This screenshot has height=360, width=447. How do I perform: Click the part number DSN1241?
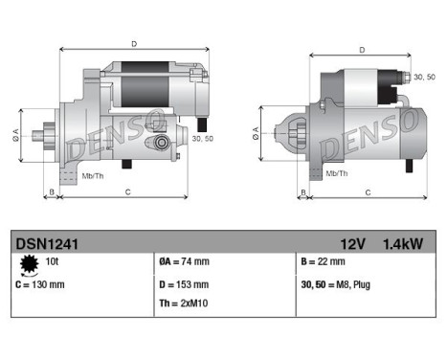(x=45, y=243)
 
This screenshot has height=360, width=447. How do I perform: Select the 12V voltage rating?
(x=352, y=243)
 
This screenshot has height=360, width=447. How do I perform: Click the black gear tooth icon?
(x=28, y=262)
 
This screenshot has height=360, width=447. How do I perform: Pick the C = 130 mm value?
(x=42, y=283)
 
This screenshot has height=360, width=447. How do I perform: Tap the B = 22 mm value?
(x=324, y=261)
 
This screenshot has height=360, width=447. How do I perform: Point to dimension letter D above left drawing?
(x=133, y=43)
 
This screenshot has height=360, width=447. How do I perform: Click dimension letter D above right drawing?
(x=361, y=50)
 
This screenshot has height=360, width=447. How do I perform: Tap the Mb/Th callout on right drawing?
(x=337, y=173)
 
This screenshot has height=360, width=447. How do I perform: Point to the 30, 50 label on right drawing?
(x=422, y=77)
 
